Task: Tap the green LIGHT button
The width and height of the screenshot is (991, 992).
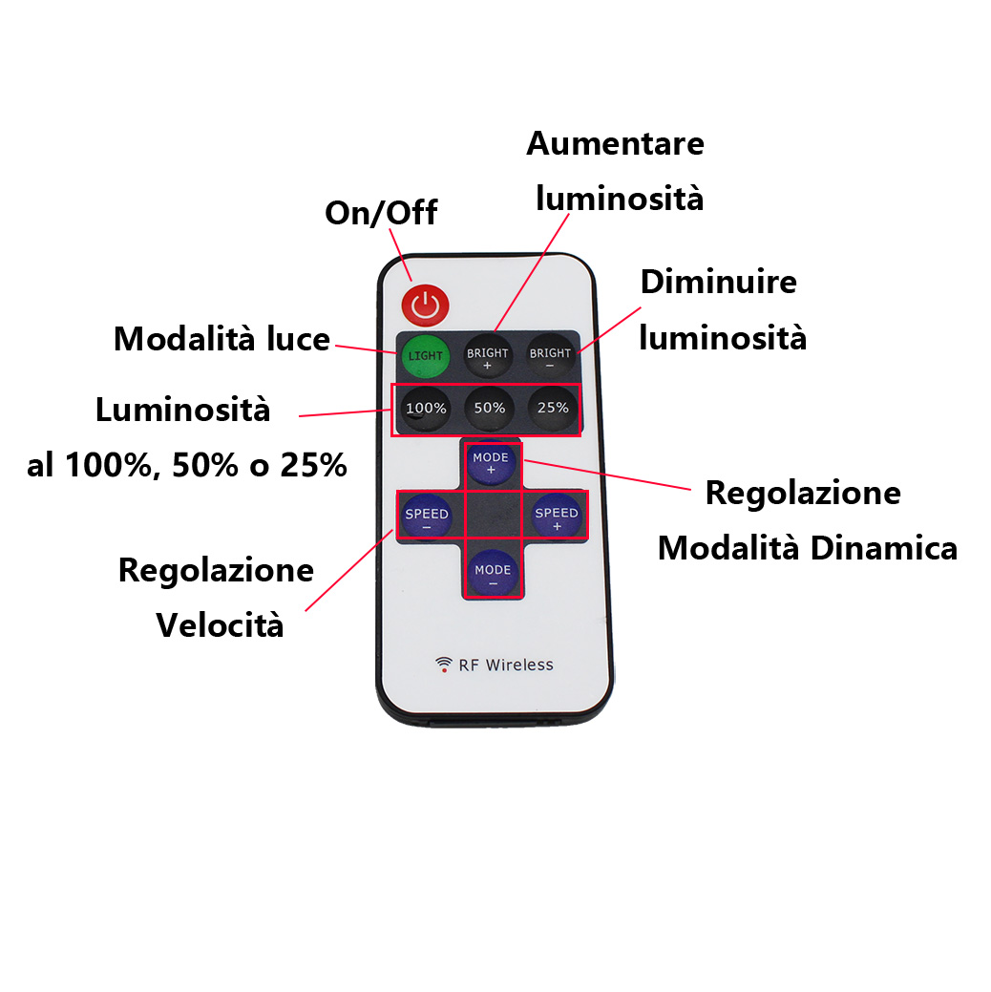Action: [x=425, y=356]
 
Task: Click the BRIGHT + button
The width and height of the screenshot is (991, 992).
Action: [x=488, y=356]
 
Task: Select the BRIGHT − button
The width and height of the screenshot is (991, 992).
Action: [x=550, y=356]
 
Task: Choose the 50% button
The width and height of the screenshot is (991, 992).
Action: [x=489, y=409]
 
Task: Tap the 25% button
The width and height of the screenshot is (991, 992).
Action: [x=552, y=409]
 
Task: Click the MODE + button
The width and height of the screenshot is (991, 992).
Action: [x=491, y=464]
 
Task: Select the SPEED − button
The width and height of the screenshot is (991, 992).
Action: [x=426, y=517]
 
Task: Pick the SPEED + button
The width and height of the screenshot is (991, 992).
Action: [x=556, y=517]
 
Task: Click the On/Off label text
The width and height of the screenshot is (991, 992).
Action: [x=381, y=213]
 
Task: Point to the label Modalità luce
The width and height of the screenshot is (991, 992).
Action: [x=221, y=339]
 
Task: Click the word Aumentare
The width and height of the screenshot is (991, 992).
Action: [x=615, y=143]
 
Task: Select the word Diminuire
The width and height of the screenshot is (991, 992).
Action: [x=718, y=283]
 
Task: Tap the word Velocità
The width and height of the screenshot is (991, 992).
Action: [x=220, y=625]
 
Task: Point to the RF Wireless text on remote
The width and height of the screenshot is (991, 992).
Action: [x=506, y=665]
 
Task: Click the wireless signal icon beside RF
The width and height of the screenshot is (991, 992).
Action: [x=444, y=665]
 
